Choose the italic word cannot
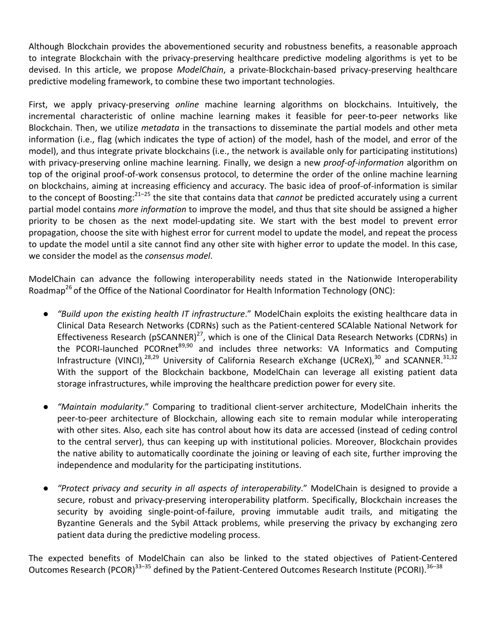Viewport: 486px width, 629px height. (x=288, y=197)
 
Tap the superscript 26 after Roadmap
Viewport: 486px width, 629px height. (x=68, y=288)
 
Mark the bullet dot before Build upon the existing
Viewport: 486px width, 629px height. (x=46, y=313)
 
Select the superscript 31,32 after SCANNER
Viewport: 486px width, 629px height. (x=450, y=357)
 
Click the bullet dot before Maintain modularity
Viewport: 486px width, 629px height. (x=46, y=407)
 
